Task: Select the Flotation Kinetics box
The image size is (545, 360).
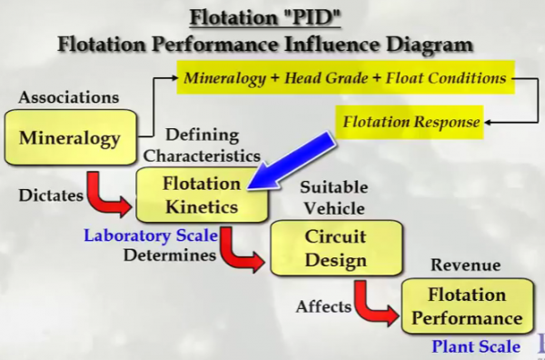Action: tap(202, 195)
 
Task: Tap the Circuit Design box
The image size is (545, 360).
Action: tap(334, 248)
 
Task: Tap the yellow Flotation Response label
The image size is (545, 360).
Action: tap(411, 120)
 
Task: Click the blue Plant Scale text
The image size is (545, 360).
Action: tap(476, 345)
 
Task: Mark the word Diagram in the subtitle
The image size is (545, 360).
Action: tap(433, 42)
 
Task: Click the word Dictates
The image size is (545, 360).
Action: tap(43, 195)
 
